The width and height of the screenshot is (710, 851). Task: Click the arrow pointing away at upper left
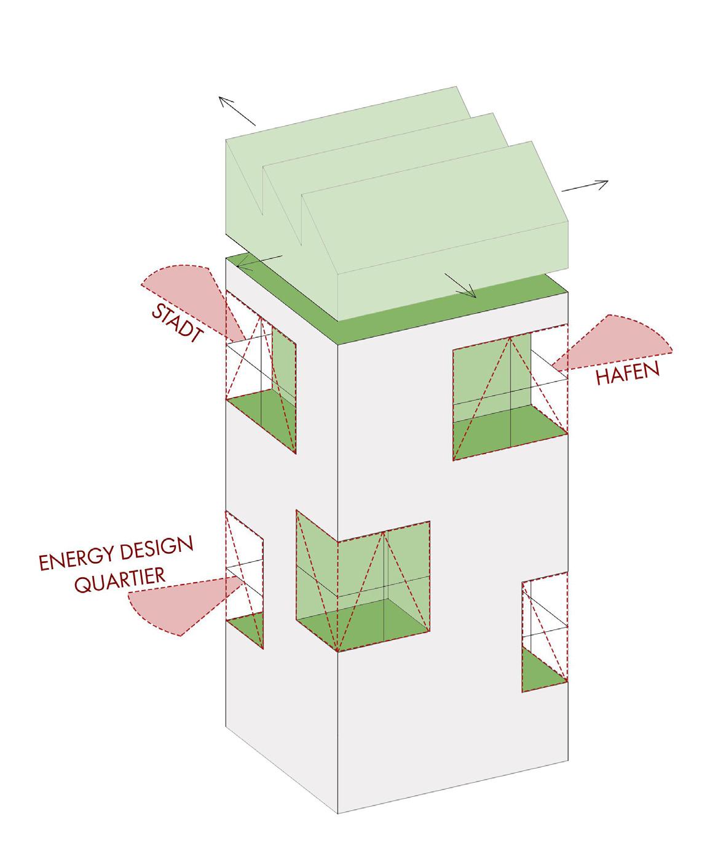pyautogui.click(x=237, y=111)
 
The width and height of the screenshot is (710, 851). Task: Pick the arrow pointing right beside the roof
pyautogui.click(x=585, y=186)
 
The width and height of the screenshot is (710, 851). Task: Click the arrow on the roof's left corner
pyautogui.click(x=259, y=262)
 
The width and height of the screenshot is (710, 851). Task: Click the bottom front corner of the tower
pyautogui.click(x=338, y=813)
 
